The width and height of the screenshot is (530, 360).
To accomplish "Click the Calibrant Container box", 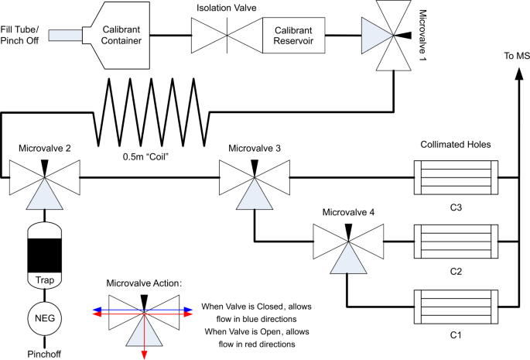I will coord(121,36).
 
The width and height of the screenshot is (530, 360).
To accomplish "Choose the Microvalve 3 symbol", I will coord(254,178).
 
